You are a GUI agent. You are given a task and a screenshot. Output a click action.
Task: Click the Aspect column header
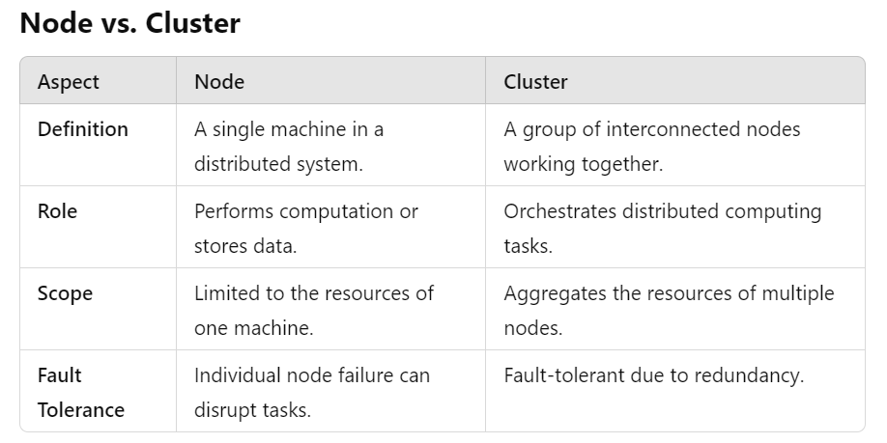coord(69,82)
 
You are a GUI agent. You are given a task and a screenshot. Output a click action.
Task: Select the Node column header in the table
coord(219,82)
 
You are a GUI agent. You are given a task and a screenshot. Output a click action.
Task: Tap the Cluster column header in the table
coord(535,82)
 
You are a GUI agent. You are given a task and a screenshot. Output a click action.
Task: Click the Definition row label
coord(83,129)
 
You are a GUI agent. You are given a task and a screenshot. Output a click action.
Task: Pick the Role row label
coord(57,211)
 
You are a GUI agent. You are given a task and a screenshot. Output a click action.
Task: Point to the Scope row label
coord(65,293)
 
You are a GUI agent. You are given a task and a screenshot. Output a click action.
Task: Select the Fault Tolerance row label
coord(81,392)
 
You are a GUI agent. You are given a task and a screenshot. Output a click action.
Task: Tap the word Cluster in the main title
coord(193,23)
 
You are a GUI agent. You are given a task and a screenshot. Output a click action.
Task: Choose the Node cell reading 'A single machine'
coord(289,129)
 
